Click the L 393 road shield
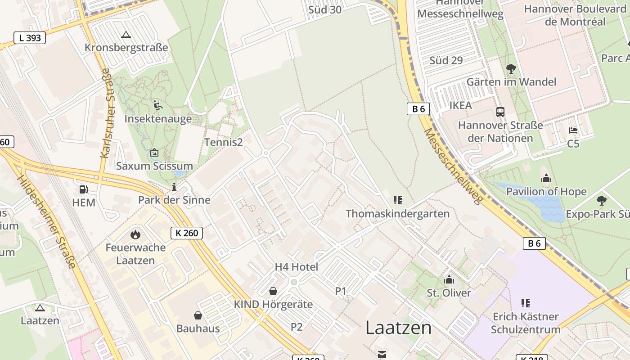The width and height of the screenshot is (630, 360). coord(30,38)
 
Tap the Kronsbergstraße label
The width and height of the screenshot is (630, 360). coord(126,47)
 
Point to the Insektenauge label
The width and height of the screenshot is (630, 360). coord(158,119)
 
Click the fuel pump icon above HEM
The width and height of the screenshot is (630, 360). coord(84,189)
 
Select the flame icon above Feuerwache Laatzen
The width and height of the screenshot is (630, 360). coord(135,234)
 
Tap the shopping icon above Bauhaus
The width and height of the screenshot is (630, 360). coord(198,315)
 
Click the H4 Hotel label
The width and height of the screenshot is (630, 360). coord(296,267)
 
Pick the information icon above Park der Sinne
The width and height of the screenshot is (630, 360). coord(174,187)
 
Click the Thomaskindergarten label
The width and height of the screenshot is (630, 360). coord(397,213)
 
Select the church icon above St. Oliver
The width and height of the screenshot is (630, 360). coord(449,280)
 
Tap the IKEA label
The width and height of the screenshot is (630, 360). coord(461,105)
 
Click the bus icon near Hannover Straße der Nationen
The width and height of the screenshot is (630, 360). coord(500,112)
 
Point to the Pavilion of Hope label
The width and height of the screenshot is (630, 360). coord(546,191)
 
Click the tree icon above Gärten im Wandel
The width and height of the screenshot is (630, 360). coord(511,69)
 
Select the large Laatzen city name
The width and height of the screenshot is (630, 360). coord(398,328)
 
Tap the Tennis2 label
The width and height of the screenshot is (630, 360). coord(223,142)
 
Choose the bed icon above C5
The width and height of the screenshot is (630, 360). coord(573,130)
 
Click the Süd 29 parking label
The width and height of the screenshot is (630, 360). coord(446,60)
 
